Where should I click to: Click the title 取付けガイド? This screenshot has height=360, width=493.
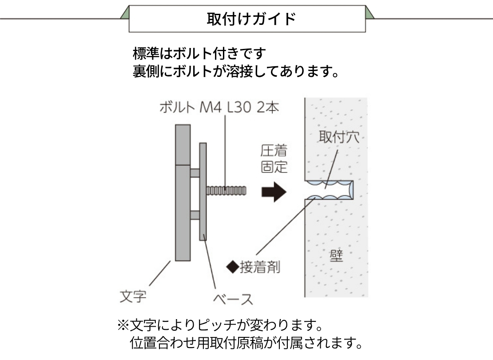(x=251, y=19)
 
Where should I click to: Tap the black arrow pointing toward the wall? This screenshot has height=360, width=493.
(x=274, y=192)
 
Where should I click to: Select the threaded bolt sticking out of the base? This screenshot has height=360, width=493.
(x=226, y=191)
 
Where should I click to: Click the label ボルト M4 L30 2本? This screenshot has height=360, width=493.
(x=219, y=107)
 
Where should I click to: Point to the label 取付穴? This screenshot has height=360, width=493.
(x=339, y=137)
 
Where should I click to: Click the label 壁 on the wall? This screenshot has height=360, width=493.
(x=336, y=256)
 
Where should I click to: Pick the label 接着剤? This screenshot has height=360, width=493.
(x=260, y=267)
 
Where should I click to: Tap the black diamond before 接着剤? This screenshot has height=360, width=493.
(x=233, y=267)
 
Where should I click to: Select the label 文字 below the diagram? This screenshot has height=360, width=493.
(x=133, y=296)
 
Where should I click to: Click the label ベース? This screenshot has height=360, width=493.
(x=233, y=299)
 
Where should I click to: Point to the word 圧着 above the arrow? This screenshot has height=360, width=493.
(x=274, y=151)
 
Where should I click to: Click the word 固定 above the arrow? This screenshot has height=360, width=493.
(x=274, y=167)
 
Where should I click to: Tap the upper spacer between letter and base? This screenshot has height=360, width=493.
(x=195, y=173)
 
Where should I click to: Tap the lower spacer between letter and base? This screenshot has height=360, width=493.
(x=195, y=215)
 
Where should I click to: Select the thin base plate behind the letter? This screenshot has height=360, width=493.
(x=203, y=192)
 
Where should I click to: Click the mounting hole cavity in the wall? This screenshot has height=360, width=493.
(x=329, y=190)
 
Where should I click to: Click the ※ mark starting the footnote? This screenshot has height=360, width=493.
(x=123, y=326)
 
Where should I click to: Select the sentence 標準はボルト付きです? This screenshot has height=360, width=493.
(x=199, y=53)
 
